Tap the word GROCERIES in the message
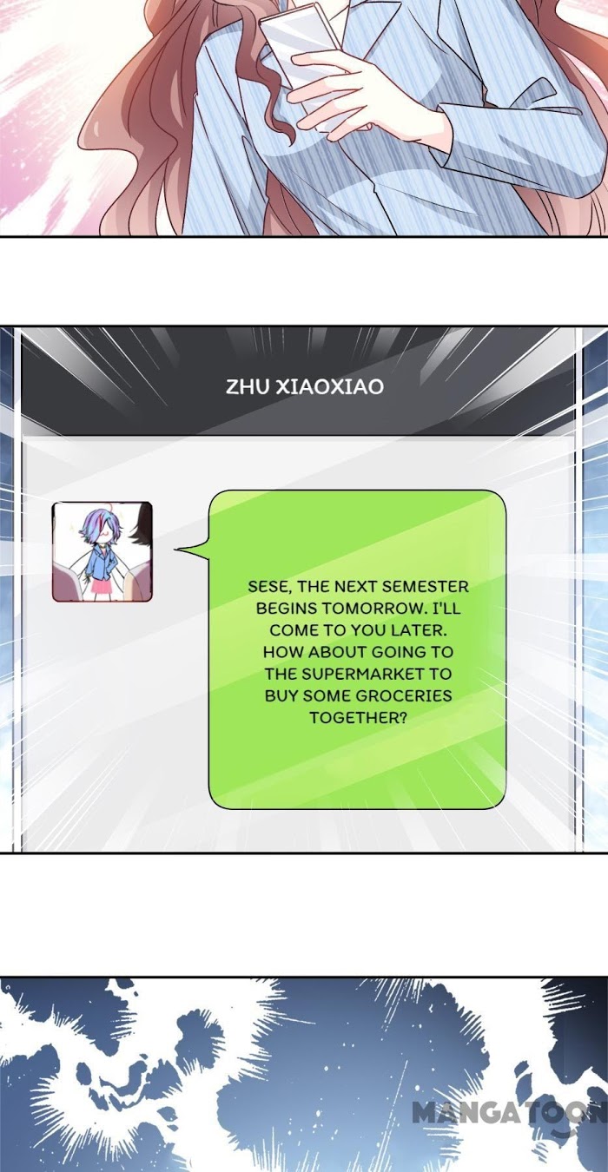pyautogui.click(x=403, y=695)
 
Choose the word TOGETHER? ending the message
pyautogui.click(x=358, y=717)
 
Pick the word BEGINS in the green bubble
pyautogui.click(x=287, y=609)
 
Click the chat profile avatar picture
pyautogui.click(x=102, y=551)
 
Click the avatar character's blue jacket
pyautogui.click(x=96, y=563)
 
